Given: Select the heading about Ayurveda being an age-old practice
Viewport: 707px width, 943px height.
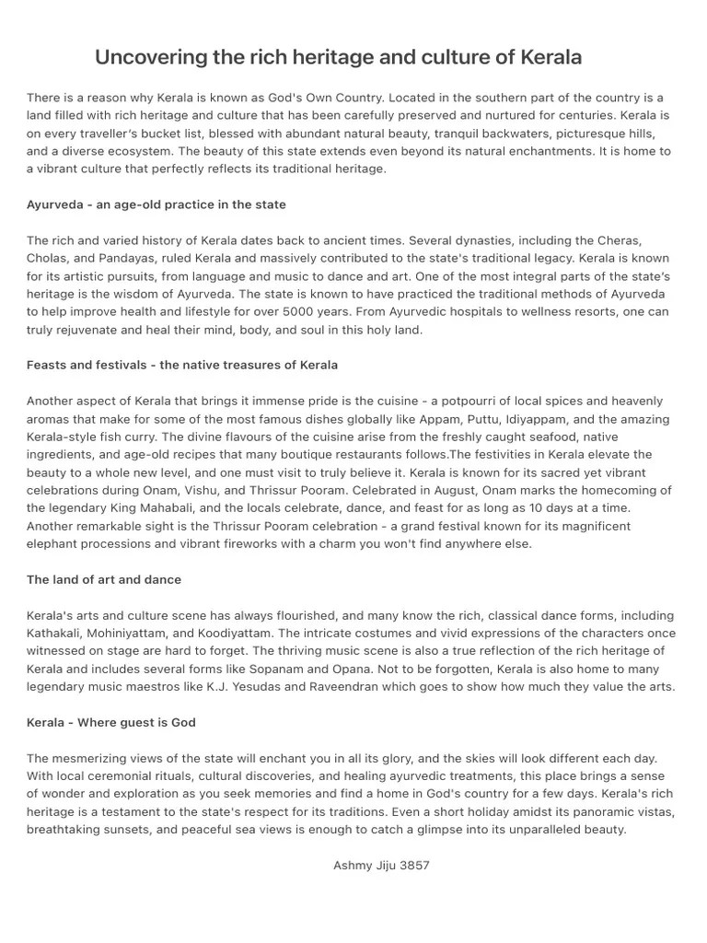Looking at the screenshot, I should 156,204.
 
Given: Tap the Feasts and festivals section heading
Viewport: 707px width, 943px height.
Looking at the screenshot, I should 182,365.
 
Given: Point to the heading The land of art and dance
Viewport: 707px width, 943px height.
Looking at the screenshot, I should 104,579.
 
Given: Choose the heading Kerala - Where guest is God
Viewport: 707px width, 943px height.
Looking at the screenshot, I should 111,722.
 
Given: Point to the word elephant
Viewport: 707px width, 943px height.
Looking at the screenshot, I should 52,543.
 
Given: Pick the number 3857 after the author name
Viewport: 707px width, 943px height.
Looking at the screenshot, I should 413,865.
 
